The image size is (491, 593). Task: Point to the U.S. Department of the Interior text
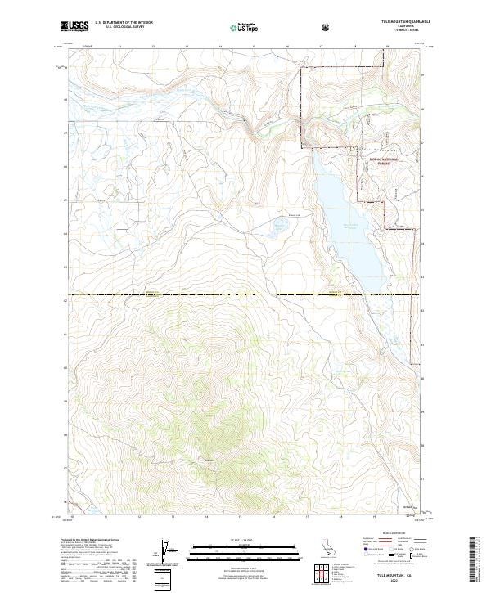point(124,23)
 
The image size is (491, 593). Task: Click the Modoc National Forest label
point(379,161)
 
